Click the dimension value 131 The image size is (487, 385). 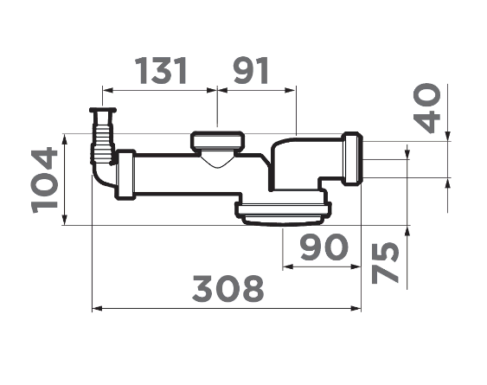tap(161, 70)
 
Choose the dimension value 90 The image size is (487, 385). tap(324, 247)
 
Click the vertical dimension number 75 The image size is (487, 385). tap(385, 262)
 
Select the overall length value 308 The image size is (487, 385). tap(227, 288)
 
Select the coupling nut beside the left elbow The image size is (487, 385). tap(126, 174)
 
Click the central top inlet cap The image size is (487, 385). tap(218, 141)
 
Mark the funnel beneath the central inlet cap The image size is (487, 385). tap(217, 159)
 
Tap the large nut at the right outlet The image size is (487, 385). tap(352, 159)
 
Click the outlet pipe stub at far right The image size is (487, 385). tap(367, 159)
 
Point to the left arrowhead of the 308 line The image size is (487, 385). tap(96, 307)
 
